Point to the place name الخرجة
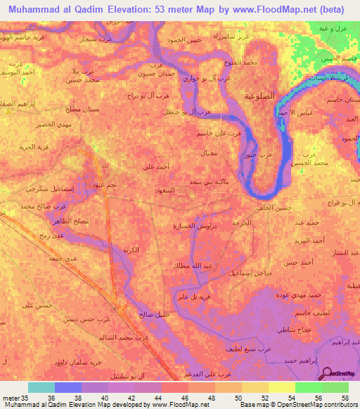coord(242,223)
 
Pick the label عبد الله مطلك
coord(186,265)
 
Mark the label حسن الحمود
coord(184,40)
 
